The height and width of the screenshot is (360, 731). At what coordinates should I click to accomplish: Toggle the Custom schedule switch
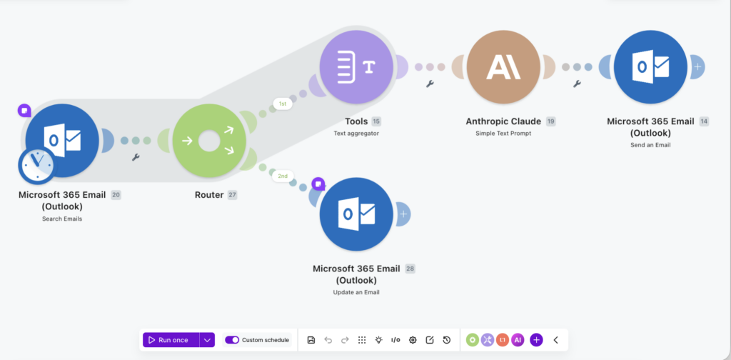click(232, 340)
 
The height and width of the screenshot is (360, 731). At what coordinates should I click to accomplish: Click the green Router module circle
click(209, 141)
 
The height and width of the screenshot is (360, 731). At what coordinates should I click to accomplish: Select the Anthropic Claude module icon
click(503, 67)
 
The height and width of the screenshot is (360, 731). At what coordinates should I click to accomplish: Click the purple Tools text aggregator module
click(357, 67)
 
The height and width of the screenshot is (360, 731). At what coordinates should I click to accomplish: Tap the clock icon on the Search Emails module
click(36, 165)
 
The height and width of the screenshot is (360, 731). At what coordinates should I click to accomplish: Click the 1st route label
click(283, 104)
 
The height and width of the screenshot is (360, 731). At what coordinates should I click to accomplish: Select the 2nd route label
click(283, 176)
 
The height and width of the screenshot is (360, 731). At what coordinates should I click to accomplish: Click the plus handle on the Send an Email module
click(697, 67)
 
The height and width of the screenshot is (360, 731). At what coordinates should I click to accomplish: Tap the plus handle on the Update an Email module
click(404, 214)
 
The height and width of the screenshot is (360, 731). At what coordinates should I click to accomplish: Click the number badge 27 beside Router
click(232, 195)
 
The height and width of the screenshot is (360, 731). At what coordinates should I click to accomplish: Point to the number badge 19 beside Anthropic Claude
click(551, 121)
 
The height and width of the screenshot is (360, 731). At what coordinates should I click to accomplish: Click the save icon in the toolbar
click(311, 340)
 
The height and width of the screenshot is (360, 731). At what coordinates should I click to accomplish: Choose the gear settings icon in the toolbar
click(413, 340)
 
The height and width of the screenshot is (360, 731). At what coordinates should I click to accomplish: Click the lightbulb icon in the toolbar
click(378, 340)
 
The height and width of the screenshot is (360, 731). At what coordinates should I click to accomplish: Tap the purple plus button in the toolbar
click(536, 340)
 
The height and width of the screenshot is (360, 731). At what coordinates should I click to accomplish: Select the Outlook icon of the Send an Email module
click(651, 67)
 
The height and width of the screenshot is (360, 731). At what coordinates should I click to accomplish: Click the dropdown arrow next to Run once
click(208, 340)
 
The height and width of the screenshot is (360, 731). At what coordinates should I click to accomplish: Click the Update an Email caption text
click(356, 292)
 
